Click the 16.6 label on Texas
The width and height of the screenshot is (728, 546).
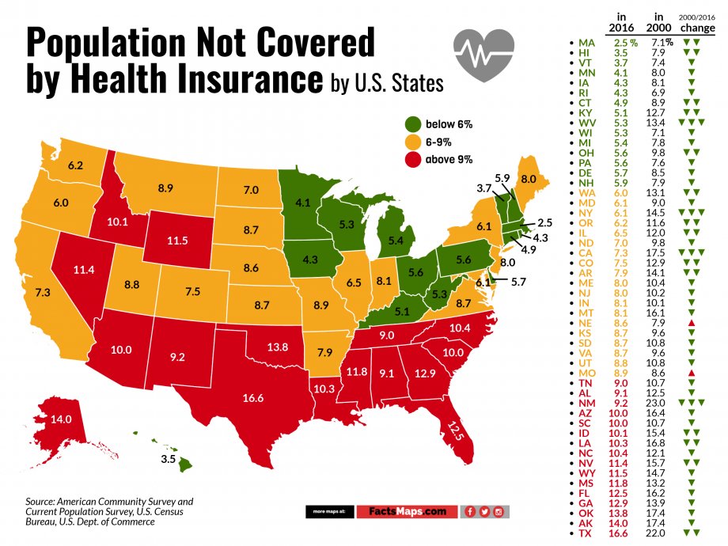tap(253, 398)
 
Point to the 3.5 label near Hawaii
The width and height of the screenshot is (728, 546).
tap(169, 458)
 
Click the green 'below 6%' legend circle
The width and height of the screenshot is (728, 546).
tap(413, 125)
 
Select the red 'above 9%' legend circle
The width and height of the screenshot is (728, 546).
tap(413, 160)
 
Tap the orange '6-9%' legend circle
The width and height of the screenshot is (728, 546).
tap(413, 142)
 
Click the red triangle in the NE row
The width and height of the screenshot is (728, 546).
tap(691, 324)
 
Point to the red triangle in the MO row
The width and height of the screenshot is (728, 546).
tap(691, 372)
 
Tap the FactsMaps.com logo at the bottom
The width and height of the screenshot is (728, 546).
tap(406, 512)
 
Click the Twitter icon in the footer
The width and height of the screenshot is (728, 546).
tap(484, 512)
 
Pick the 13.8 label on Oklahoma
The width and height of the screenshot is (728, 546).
tap(276, 347)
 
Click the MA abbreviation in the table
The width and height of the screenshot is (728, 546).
tap(586, 43)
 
